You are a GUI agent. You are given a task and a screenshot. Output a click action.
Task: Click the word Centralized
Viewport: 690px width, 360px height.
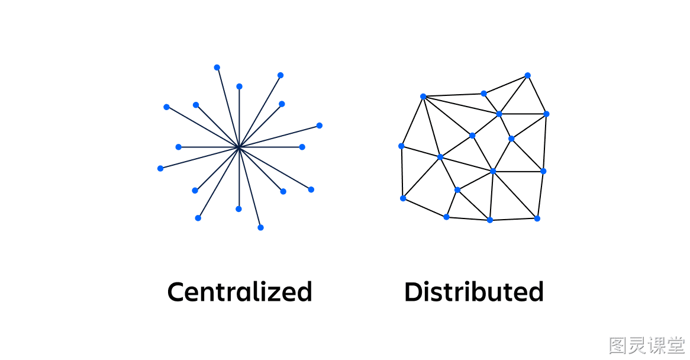coord(240,292)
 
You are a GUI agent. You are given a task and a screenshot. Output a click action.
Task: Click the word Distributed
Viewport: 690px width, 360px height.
coord(474,292)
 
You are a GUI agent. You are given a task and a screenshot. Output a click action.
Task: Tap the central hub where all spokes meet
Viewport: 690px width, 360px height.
coord(239,147)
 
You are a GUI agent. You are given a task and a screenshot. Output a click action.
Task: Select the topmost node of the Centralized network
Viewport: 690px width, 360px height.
coord(217,67)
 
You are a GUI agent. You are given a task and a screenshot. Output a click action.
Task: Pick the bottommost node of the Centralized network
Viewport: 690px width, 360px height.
coord(260,227)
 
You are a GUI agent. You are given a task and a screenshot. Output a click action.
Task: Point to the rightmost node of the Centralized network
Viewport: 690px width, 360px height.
coord(320,126)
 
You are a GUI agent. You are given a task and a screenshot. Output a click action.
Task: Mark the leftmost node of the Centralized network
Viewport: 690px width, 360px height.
coord(160,169)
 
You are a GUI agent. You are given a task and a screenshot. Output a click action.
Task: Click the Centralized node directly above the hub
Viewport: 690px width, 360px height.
coord(240,86)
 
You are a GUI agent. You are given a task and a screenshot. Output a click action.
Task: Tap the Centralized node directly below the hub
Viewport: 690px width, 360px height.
coord(238,209)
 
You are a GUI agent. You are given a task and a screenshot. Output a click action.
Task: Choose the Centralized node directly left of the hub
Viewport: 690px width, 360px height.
coord(178,147)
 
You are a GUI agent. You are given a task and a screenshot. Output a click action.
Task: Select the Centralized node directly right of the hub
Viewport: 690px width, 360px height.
coord(302,147)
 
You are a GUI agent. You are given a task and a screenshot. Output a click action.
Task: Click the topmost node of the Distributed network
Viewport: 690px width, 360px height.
coord(528,75)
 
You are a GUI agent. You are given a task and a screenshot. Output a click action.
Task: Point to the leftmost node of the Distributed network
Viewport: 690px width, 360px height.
coord(401,146)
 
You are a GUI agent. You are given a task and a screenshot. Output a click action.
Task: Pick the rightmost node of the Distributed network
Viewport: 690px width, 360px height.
coord(547,114)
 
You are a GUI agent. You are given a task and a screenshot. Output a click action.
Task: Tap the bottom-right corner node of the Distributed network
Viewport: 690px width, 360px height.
coord(537,218)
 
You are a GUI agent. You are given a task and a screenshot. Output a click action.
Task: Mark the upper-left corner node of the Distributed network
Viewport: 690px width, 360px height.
coord(423,97)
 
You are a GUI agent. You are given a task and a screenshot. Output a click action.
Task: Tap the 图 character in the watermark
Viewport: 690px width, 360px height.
coord(618,345)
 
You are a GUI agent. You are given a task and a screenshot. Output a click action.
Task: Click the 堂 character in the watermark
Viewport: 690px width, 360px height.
coord(676,345)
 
